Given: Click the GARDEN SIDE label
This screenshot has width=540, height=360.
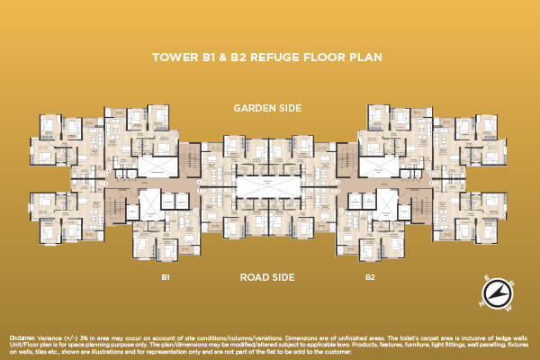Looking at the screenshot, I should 267,108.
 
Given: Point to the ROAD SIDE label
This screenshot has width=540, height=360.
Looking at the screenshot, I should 267,278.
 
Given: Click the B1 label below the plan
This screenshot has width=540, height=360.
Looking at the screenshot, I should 166,278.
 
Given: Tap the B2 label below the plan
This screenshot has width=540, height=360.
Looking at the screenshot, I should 370,278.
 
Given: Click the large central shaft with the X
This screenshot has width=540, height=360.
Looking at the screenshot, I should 267,188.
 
